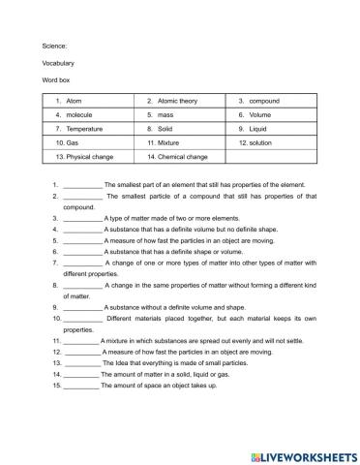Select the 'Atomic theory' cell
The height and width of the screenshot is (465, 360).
(180, 100)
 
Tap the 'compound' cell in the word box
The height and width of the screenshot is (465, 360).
(271, 100)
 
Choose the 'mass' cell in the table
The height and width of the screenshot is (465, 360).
(180, 114)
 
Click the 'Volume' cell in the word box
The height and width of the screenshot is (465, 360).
(271, 114)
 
